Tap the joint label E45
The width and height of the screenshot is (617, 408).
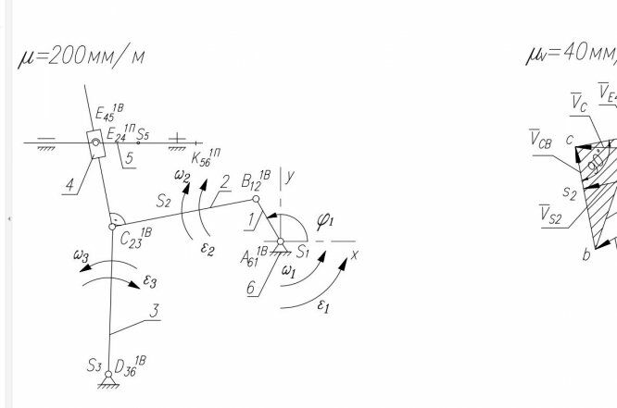click(107, 114)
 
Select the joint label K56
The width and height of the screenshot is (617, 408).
click(205, 157)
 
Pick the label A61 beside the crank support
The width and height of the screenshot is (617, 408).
click(255, 259)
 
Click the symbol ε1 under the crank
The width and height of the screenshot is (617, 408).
click(323, 307)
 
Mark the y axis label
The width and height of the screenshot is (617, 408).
click(290, 178)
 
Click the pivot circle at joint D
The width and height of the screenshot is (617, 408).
click(108, 375)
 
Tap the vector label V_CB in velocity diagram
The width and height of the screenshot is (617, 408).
click(541, 141)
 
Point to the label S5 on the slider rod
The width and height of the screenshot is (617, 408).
click(142, 135)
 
